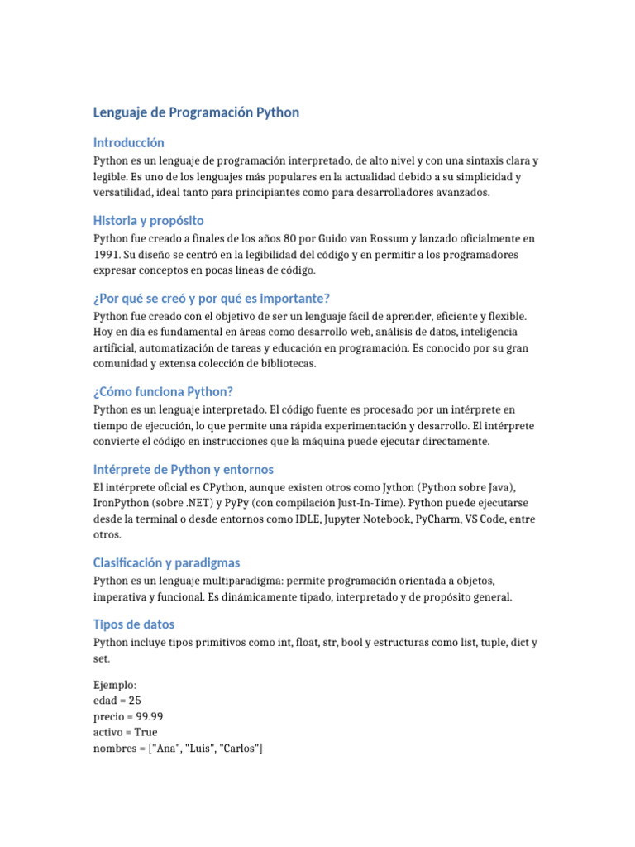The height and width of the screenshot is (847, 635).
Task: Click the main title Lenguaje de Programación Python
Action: (196, 112)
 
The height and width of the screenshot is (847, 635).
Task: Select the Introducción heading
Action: (129, 143)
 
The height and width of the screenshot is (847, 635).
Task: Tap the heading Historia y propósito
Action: (149, 221)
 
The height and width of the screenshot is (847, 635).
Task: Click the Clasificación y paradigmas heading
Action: (167, 562)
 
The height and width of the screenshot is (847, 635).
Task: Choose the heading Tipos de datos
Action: (134, 624)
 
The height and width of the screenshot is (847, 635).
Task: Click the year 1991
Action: (107, 255)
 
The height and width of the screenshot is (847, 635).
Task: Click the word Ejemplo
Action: (115, 685)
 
